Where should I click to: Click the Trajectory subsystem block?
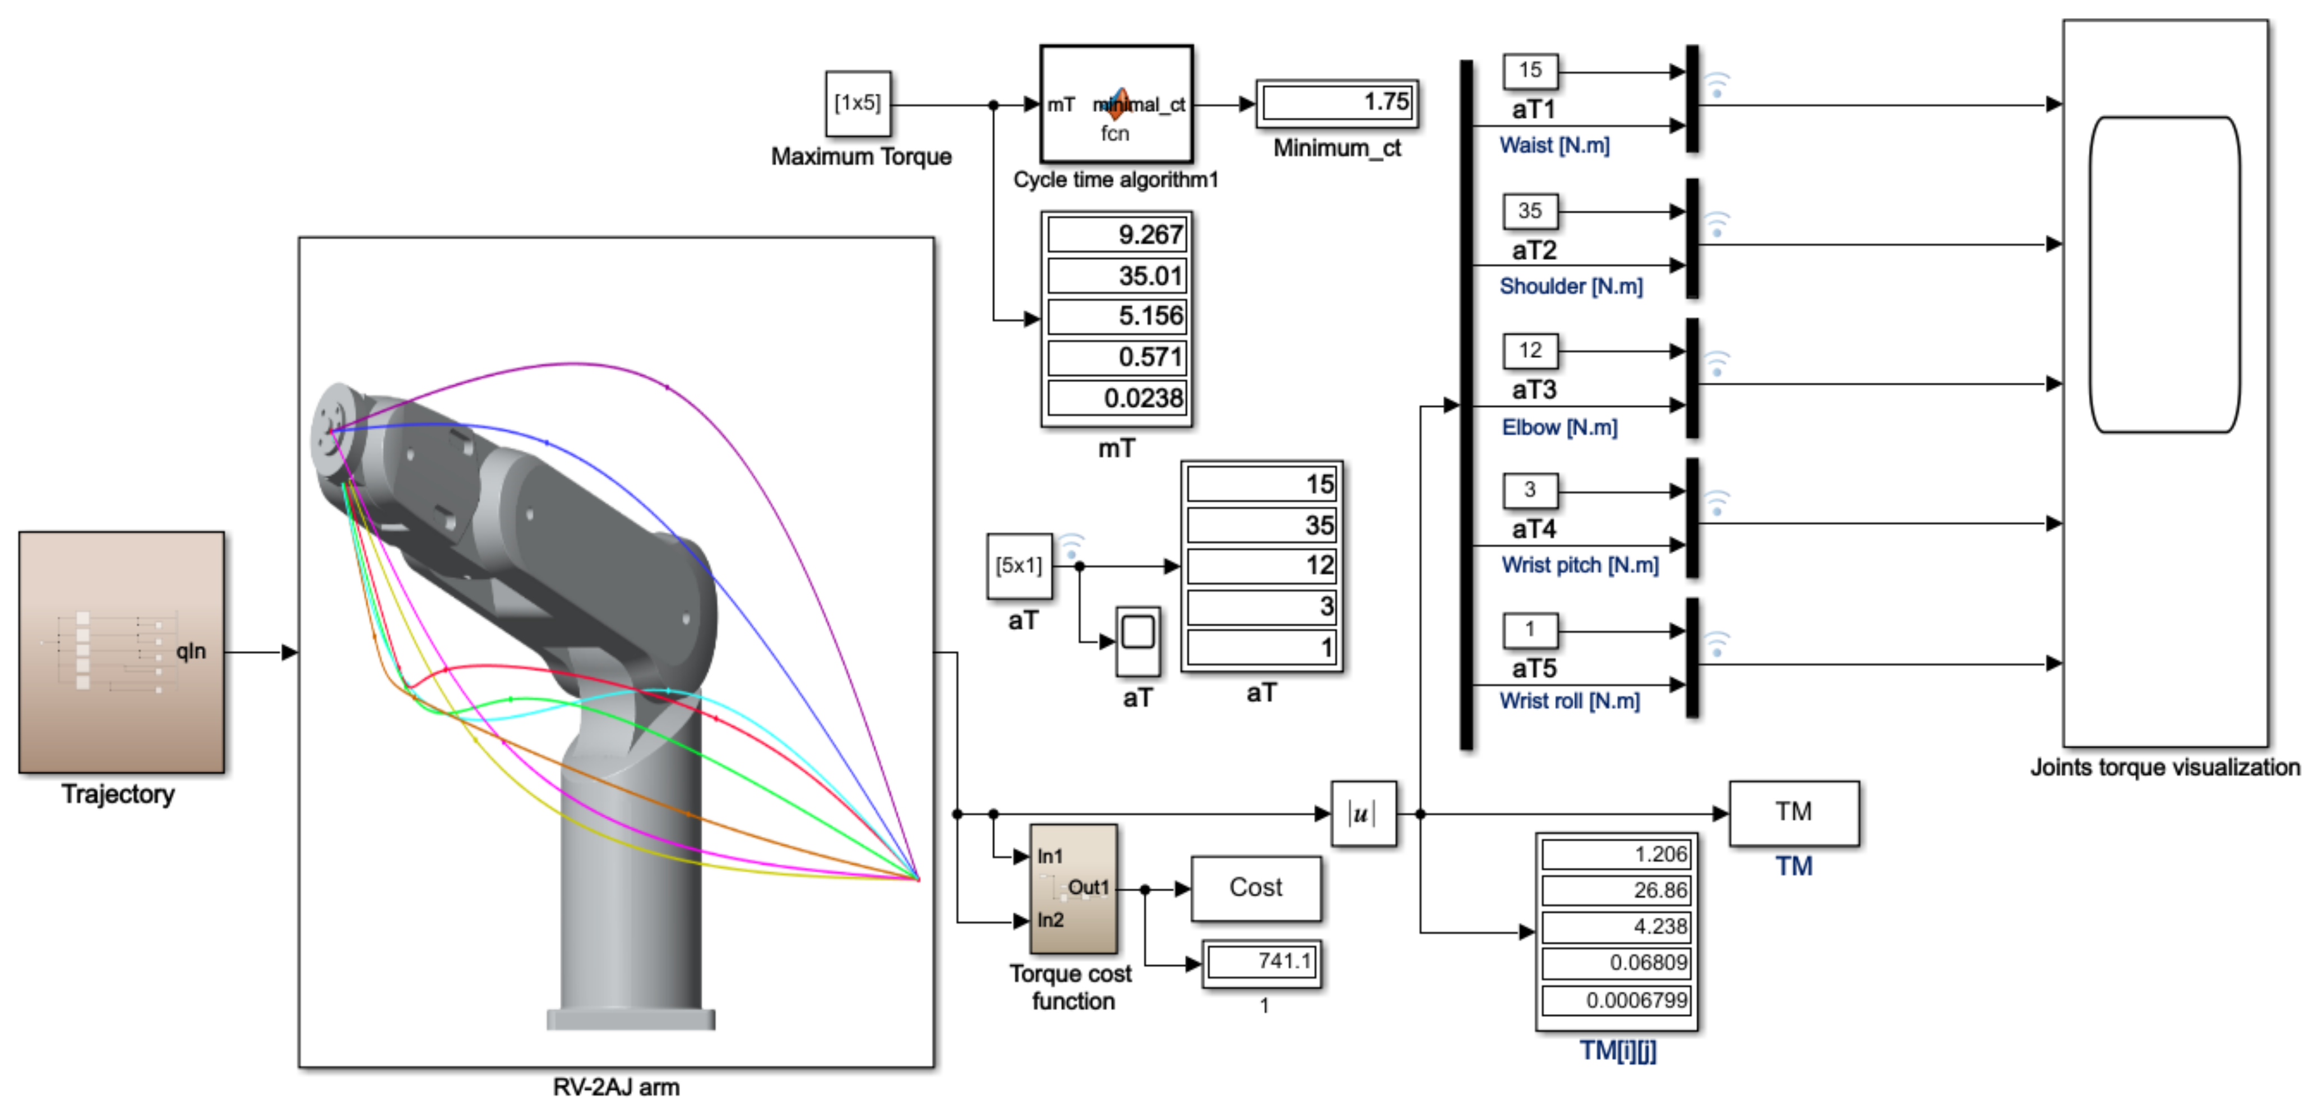(x=122, y=652)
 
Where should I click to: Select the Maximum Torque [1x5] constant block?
(x=858, y=104)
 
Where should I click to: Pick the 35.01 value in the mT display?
(x=1117, y=276)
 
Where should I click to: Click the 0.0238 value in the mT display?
(x=1117, y=398)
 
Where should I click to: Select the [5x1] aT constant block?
(x=1019, y=566)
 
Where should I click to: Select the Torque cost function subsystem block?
(x=1073, y=889)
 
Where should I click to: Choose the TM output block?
(x=1793, y=813)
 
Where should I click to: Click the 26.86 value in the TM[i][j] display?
(x=1616, y=891)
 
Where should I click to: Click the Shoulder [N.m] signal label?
(x=1570, y=287)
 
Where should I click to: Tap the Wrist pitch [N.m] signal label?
(x=1579, y=565)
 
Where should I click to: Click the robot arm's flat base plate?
(x=630, y=1020)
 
